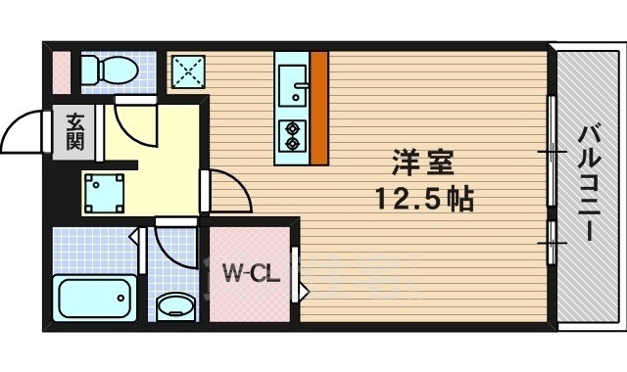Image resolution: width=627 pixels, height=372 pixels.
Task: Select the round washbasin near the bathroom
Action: pos(175,305)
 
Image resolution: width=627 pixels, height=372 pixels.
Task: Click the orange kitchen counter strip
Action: pos(318,108)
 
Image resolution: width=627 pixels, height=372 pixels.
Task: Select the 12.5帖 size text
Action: pos(423,199)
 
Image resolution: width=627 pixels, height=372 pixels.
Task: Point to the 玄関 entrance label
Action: pos(75,131)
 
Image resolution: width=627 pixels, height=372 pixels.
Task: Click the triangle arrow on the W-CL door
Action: pos(304,292)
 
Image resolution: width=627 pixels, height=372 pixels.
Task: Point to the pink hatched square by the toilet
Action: pos(61,69)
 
